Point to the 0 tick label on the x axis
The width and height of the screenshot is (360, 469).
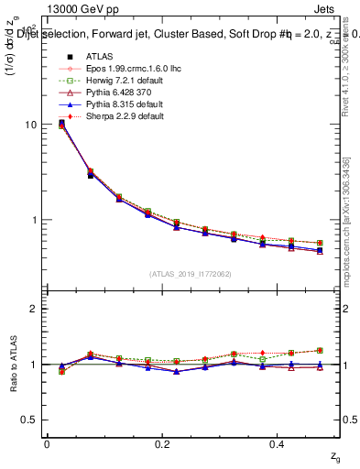point(47,443)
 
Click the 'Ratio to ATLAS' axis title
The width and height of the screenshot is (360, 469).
point(13,364)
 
